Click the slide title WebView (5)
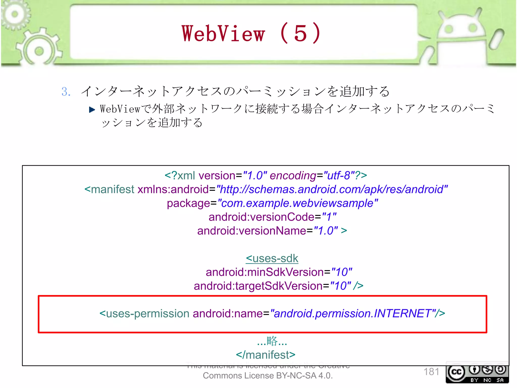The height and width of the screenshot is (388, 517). pos(251,34)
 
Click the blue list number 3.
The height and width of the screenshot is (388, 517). pos(66,92)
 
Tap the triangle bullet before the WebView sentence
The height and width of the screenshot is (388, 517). pos(92,110)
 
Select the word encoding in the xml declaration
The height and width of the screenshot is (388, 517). pos(293,176)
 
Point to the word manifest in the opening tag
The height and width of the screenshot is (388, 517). pos(112,189)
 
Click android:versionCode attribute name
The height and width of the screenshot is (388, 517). pos(261,217)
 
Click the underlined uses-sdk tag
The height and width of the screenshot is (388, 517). pos(272,258)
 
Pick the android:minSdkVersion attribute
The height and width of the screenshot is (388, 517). pos(265,272)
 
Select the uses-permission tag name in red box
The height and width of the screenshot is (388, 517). pos(147,314)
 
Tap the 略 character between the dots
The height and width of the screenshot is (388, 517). pos(272,341)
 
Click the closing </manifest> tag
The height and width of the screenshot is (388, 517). pos(266,355)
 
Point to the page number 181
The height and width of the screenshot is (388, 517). pos(431,372)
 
